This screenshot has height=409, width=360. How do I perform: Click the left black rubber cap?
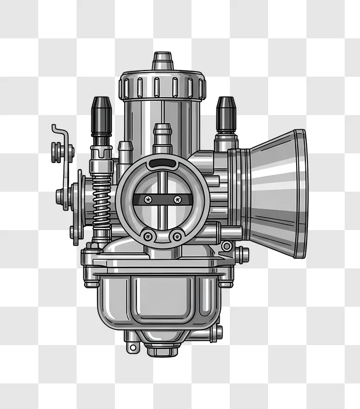point(101,113)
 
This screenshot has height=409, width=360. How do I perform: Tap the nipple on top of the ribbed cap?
point(162,60)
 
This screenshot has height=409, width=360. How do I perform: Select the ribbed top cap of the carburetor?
point(162,86)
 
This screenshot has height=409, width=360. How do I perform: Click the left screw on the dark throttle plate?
point(148,199)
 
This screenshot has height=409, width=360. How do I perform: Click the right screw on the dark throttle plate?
point(177,199)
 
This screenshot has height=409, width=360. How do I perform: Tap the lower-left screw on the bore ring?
point(148,236)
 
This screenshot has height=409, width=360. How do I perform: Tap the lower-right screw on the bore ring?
point(177,236)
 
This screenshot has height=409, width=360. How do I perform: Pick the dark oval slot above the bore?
point(162,164)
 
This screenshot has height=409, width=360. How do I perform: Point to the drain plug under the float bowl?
point(162,350)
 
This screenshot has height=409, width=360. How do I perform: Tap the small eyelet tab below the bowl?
point(133,347)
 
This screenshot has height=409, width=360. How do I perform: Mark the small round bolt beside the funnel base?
point(227,246)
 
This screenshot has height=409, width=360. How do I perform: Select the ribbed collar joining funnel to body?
point(239,194)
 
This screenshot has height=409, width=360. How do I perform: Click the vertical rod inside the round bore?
point(162,215)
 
